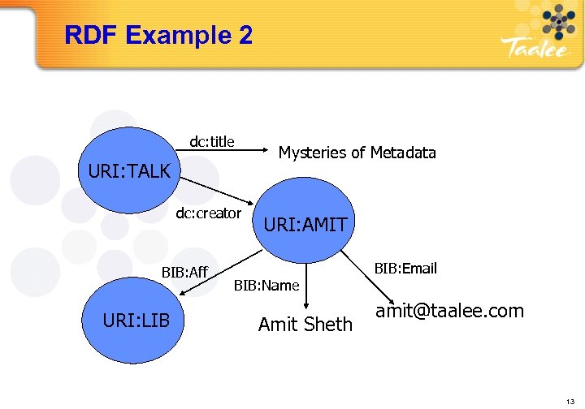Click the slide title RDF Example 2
(158, 36)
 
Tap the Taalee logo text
(532, 50)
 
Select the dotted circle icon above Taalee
(557, 20)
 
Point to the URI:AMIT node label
(305, 223)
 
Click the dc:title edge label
(212, 142)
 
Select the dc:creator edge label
(209, 213)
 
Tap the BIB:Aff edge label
(184, 271)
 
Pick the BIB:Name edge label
(266, 285)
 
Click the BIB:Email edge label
(405, 268)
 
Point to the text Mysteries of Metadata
(357, 153)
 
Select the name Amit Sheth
(305, 325)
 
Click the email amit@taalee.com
(449, 311)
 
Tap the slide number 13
(568, 398)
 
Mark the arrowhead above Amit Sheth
(305, 305)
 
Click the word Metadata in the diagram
(403, 153)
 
